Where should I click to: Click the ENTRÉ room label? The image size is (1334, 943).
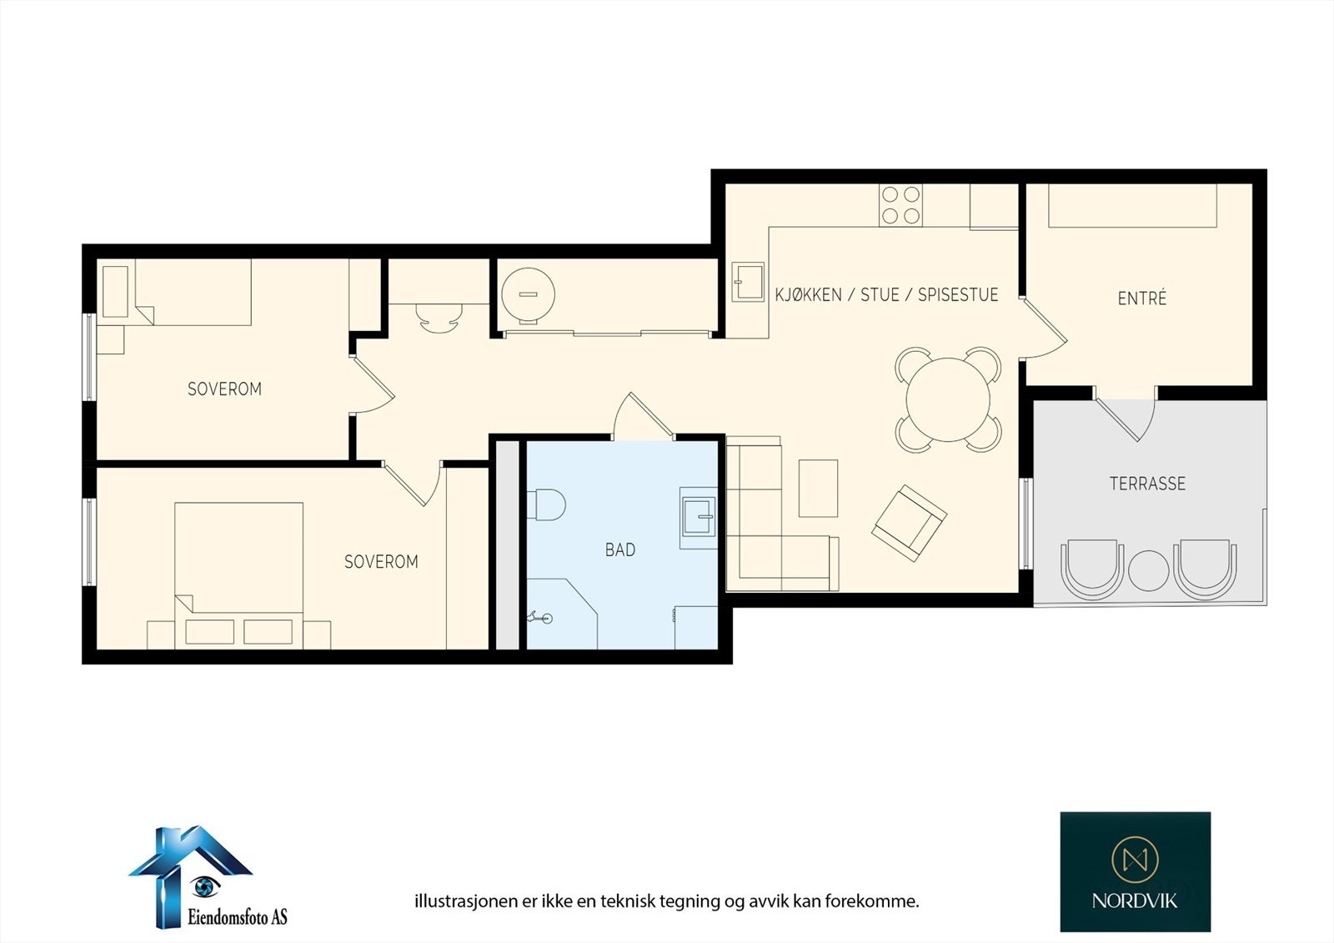pos(1141,298)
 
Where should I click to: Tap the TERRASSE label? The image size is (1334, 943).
pos(1147,483)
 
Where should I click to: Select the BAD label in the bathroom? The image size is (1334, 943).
pos(620,549)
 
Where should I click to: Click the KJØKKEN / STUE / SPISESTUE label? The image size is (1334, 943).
pos(886,294)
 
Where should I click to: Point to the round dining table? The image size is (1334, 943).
pos(947,399)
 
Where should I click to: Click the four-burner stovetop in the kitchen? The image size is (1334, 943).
pos(900,205)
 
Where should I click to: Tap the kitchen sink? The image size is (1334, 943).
pos(748,282)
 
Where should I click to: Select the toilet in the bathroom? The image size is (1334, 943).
pos(546,504)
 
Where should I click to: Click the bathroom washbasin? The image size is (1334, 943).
pos(698,518)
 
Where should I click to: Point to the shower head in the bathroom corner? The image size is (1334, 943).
pos(540,618)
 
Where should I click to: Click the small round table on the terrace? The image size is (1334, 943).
pos(1148,570)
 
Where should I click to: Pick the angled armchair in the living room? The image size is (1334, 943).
pos(909,523)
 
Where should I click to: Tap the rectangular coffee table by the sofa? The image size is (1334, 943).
pos(818,488)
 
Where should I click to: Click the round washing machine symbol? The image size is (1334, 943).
pos(529,293)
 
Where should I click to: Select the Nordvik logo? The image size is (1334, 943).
pos(1135,871)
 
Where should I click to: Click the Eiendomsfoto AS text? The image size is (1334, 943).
pos(237,916)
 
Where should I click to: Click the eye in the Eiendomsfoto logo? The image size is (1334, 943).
pos(205,885)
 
